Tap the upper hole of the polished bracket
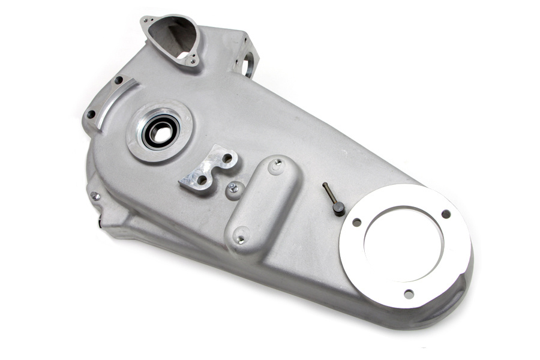[227, 160]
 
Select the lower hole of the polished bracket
[202, 179]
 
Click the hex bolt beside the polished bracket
[233, 189]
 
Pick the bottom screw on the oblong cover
[241, 239]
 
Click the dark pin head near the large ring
[339, 208]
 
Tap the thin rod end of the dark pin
[325, 187]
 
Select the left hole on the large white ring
[356, 223]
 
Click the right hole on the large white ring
[446, 214]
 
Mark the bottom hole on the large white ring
[408, 293]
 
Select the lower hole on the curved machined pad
[92, 113]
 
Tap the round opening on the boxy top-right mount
[248, 65]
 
